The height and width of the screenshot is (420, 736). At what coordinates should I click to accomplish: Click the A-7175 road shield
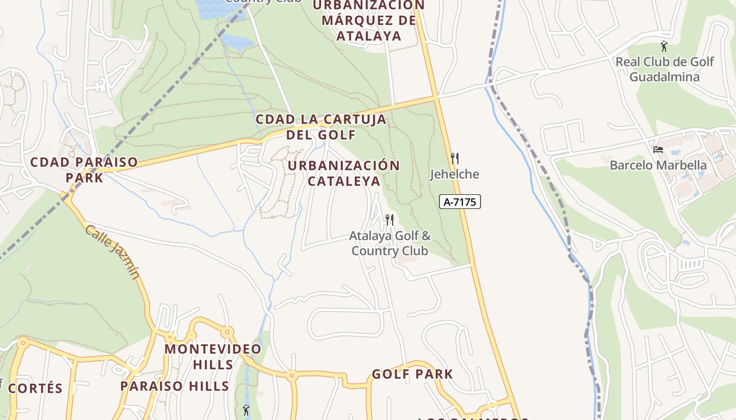pyautogui.click(x=460, y=202)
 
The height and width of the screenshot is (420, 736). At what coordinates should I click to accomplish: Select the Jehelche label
pyautogui.click(x=455, y=174)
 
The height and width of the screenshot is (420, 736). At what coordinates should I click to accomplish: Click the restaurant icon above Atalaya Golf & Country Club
pyautogui.click(x=390, y=219)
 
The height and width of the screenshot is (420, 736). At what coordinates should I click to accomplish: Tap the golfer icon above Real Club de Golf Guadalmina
pyautogui.click(x=664, y=46)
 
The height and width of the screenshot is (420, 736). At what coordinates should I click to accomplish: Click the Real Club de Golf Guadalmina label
pyautogui.click(x=665, y=69)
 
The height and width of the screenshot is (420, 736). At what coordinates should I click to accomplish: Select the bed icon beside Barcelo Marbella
pyautogui.click(x=658, y=150)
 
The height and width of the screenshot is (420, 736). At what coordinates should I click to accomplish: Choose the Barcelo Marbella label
pyautogui.click(x=658, y=165)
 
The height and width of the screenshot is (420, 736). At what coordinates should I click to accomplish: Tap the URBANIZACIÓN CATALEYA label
pyautogui.click(x=344, y=173)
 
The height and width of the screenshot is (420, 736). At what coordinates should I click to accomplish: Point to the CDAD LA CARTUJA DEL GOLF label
pyautogui.click(x=321, y=127)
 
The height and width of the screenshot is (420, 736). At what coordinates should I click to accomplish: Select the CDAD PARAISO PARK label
pyautogui.click(x=84, y=170)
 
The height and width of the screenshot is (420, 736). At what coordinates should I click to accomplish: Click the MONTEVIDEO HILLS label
pyautogui.click(x=213, y=356)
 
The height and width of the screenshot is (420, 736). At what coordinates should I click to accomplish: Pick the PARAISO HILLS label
pyautogui.click(x=175, y=386)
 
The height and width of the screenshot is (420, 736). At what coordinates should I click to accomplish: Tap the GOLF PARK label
pyautogui.click(x=412, y=374)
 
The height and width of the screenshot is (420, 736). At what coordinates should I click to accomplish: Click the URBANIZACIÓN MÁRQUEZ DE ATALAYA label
pyautogui.click(x=369, y=20)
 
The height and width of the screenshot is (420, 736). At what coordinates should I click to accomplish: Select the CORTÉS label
pyautogui.click(x=35, y=388)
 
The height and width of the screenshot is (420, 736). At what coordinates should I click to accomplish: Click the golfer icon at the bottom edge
pyautogui.click(x=246, y=409)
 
